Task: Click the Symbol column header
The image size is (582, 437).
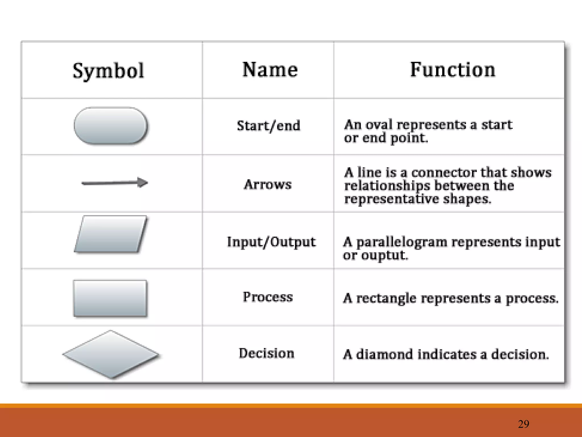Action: coord(108,71)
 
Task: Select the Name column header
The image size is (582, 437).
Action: coord(270,70)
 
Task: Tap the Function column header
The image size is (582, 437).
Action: coord(452,70)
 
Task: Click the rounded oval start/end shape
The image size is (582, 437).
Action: coord(111,125)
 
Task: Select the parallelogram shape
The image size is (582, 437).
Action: coord(111,234)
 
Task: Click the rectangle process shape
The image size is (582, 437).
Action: coord(110,298)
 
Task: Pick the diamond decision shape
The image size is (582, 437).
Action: coord(111,354)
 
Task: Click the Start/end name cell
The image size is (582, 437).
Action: coord(269,126)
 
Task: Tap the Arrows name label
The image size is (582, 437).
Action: coord(268,184)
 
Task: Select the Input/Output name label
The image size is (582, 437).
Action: coord(271,242)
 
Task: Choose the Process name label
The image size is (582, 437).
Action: coord(268,297)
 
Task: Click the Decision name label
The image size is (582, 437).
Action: coord(267,353)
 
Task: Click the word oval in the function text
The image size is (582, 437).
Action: coord(379,125)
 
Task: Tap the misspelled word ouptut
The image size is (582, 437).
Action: coord(384,255)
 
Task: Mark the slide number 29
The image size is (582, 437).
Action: coord(523,424)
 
